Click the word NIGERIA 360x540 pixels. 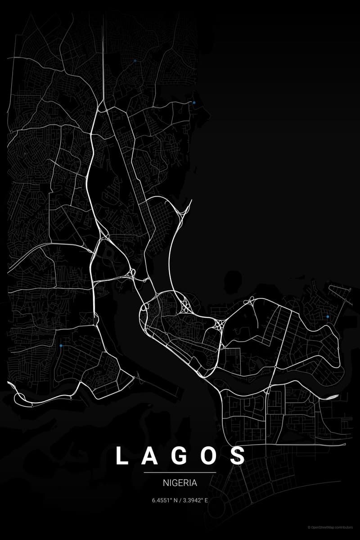click(180, 483)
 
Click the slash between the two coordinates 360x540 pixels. click(180, 500)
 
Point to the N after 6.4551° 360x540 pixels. click(175, 500)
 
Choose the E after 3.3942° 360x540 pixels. click(206, 500)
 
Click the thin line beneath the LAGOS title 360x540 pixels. click(180, 472)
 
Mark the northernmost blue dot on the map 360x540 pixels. click(135, 60)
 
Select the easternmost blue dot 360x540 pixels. click(328, 317)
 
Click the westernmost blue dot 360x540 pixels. click(61, 346)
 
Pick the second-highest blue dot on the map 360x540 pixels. click(194, 103)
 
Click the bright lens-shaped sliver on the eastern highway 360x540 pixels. click(332, 396)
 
